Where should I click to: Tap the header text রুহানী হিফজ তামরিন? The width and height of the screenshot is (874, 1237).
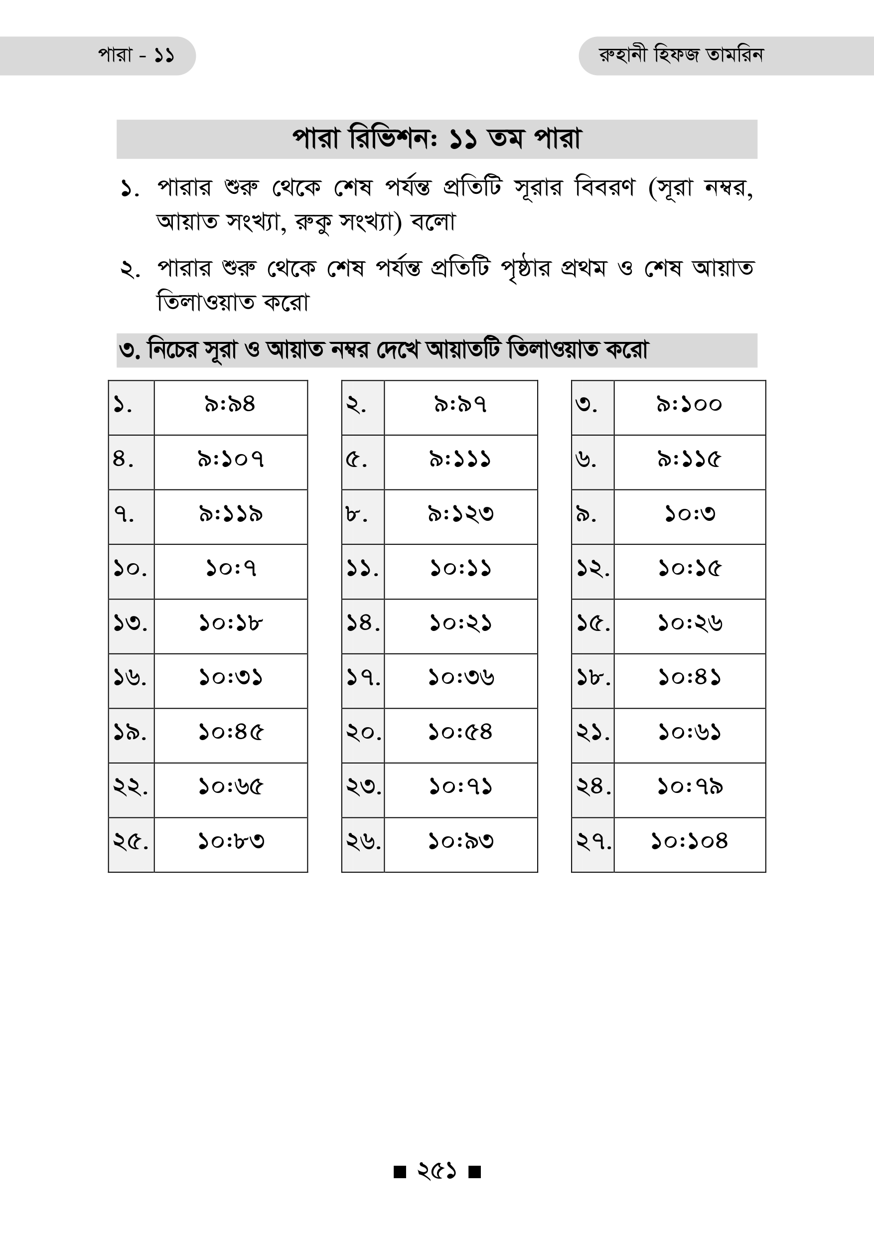[681, 55]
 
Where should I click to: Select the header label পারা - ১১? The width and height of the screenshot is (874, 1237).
[136, 55]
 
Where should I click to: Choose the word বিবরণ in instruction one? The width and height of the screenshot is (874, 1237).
[605, 188]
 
